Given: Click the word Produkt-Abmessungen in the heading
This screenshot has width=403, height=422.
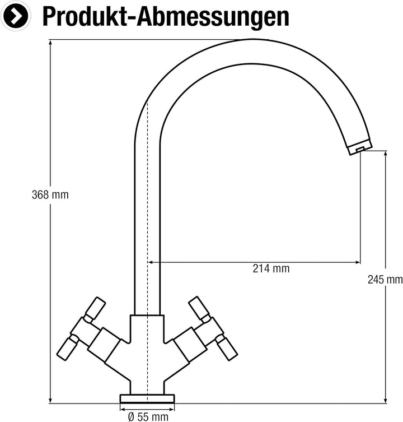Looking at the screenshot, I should (166, 16).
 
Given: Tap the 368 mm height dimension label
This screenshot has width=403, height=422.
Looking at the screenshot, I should (50, 195).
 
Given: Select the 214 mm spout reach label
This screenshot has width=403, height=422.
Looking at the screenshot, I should (271, 268).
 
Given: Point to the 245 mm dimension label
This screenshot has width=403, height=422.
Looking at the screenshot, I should (386, 280).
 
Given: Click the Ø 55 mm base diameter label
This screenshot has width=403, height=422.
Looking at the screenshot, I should (148, 416).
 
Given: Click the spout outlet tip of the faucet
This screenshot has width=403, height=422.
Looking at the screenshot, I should (359, 149).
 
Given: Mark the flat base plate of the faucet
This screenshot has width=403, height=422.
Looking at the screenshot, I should (147, 398).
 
